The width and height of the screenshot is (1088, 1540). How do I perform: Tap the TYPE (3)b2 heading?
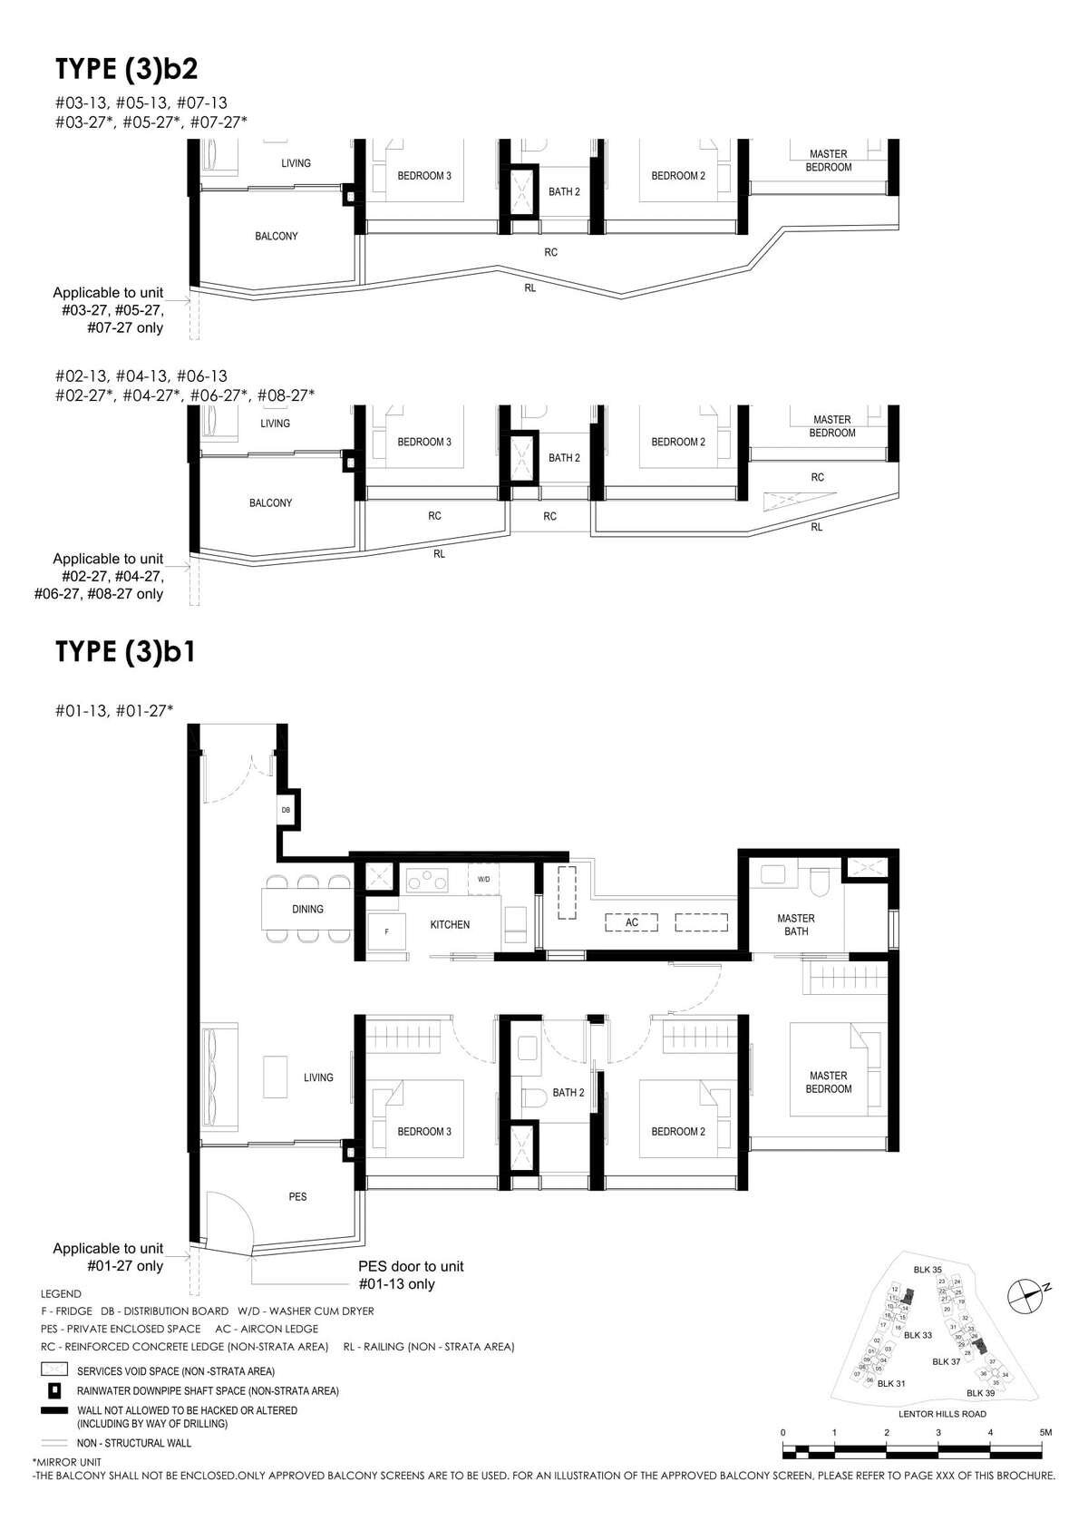126,69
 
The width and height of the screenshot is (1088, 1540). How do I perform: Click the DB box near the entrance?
286,809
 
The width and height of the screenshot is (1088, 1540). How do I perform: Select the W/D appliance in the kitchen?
484,879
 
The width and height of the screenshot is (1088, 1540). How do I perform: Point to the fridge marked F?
386,931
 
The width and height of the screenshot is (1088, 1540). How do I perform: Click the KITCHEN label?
450,924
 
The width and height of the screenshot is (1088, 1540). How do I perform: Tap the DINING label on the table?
307,909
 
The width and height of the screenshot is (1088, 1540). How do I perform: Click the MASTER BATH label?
795,924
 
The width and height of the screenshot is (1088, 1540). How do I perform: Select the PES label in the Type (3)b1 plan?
297,1196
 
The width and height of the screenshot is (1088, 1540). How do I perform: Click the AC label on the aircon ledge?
632,922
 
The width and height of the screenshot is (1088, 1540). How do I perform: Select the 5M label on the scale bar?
1045,1432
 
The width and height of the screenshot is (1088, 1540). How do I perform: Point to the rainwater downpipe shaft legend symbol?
54,1390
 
